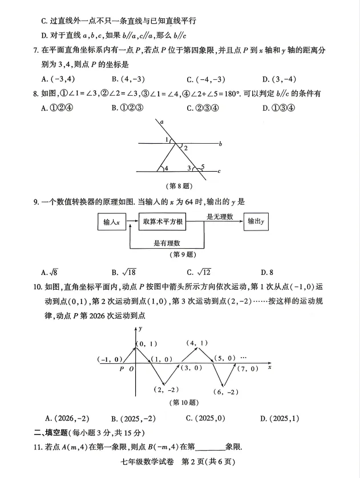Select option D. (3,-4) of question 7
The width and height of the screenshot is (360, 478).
pos(279,79)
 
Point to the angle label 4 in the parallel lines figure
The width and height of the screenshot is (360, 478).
pos(166,168)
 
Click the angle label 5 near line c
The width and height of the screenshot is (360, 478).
pos(202,167)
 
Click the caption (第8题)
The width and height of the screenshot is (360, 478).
pos(179,186)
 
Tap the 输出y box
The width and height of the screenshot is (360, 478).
pos(257,221)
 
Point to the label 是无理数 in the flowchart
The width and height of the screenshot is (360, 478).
pos(220,217)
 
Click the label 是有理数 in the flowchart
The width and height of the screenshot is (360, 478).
pos(167,243)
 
